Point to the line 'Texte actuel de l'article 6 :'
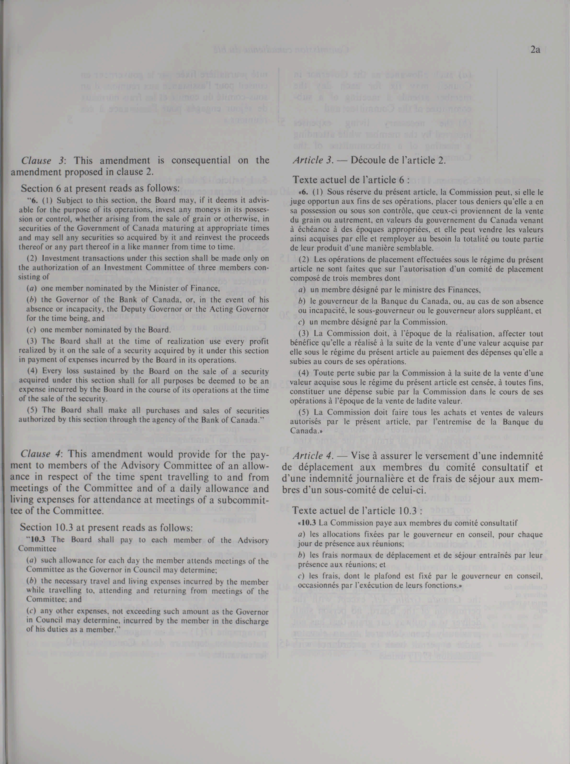point(350,180)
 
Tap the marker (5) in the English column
point(32,410)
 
